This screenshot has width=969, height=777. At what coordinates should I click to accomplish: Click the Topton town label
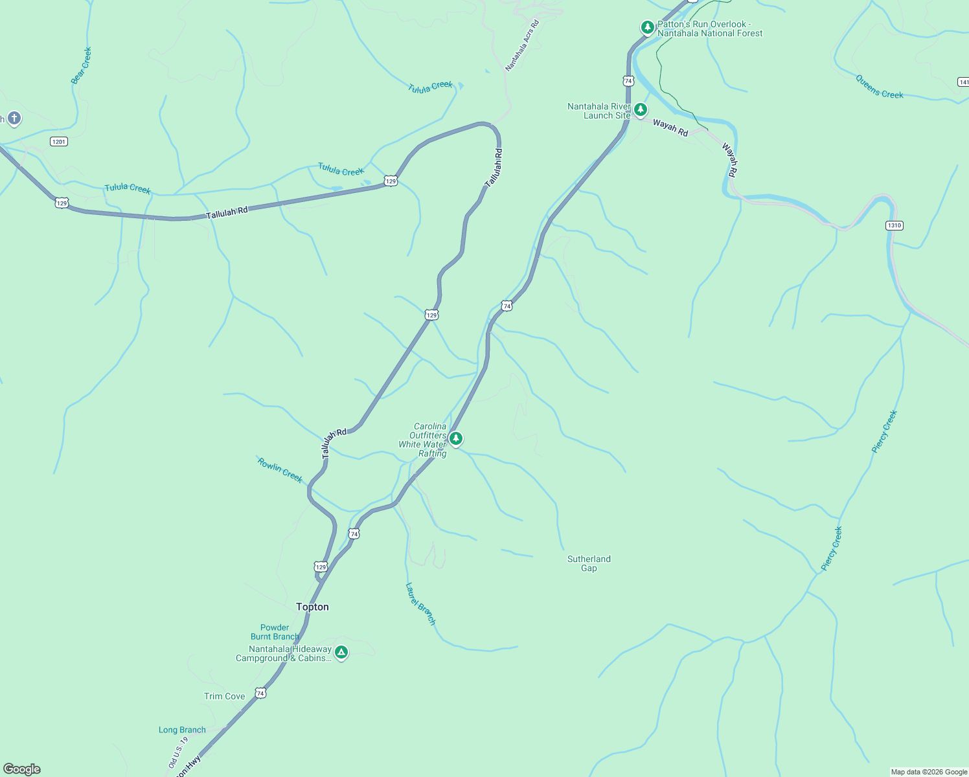[x=312, y=607]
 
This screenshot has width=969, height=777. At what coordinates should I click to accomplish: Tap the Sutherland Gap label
[x=589, y=563]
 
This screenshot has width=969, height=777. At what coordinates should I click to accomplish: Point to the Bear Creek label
[x=81, y=65]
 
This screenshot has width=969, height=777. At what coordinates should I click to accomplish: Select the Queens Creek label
[x=879, y=87]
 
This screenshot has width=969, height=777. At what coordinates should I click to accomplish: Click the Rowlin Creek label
[x=280, y=469]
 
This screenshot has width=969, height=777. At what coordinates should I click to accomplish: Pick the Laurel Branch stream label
[x=420, y=603]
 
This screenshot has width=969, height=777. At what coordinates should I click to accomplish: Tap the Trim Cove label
[x=225, y=696]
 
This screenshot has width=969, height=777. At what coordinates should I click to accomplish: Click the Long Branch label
[x=182, y=730]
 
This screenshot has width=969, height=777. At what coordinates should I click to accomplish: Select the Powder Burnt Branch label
[x=275, y=632]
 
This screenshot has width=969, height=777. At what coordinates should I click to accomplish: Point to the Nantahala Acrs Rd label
[x=522, y=45]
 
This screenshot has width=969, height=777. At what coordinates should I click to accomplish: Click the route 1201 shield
[x=59, y=141]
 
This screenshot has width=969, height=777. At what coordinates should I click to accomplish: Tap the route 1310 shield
[x=894, y=225]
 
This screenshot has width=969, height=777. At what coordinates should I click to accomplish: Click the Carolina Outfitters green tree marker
[x=456, y=439]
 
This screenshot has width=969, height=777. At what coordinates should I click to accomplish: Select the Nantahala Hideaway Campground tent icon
[x=341, y=653]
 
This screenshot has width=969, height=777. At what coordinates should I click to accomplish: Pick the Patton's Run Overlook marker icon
[x=647, y=27]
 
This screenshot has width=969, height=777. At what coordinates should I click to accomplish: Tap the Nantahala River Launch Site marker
[x=641, y=109]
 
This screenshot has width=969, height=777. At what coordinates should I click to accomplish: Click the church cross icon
[x=14, y=118]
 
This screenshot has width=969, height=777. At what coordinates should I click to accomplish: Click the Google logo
[x=22, y=769]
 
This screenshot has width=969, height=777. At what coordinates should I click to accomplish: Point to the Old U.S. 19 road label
[x=177, y=753]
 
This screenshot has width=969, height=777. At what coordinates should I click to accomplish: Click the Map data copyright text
[x=929, y=772]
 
